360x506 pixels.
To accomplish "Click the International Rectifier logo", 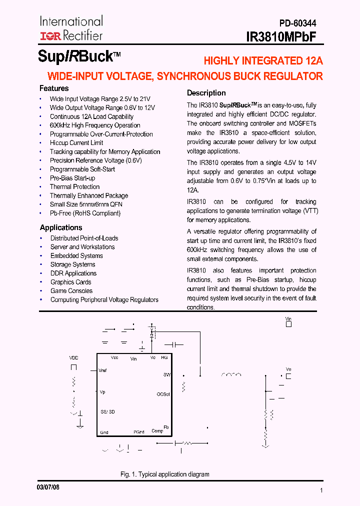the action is pyautogui.click(x=71, y=28).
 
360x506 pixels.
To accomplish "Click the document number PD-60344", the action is pyautogui.click(x=297, y=23).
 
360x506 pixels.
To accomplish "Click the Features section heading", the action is pyautogui.click(x=54, y=88).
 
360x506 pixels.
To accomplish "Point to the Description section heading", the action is pyautogui.click(x=206, y=93).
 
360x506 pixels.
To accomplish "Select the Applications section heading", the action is pyautogui.click(x=61, y=227).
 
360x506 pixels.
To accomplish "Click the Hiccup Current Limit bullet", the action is pyautogui.click(x=76, y=143).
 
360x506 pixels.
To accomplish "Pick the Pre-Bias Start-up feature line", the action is pyautogui.click(x=72, y=178).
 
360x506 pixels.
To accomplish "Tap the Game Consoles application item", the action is pyautogui.click(x=71, y=291).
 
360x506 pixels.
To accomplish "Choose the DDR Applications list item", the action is pyautogui.click(x=73, y=273).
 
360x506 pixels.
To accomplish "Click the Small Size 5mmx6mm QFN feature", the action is pyautogui.click(x=86, y=204).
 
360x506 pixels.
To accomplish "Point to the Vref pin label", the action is pyautogui.click(x=103, y=370).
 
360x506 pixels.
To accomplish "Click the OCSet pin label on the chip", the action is pyautogui.click(x=163, y=394).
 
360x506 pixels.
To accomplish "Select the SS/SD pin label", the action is pyautogui.click(x=107, y=412).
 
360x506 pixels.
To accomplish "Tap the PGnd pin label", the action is pyautogui.click(x=138, y=432).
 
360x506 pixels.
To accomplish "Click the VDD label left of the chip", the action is pyautogui.click(x=73, y=358).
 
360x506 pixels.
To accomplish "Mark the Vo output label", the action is pyautogui.click(x=288, y=369).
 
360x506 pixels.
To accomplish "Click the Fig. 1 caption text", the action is pyautogui.click(x=164, y=474).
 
